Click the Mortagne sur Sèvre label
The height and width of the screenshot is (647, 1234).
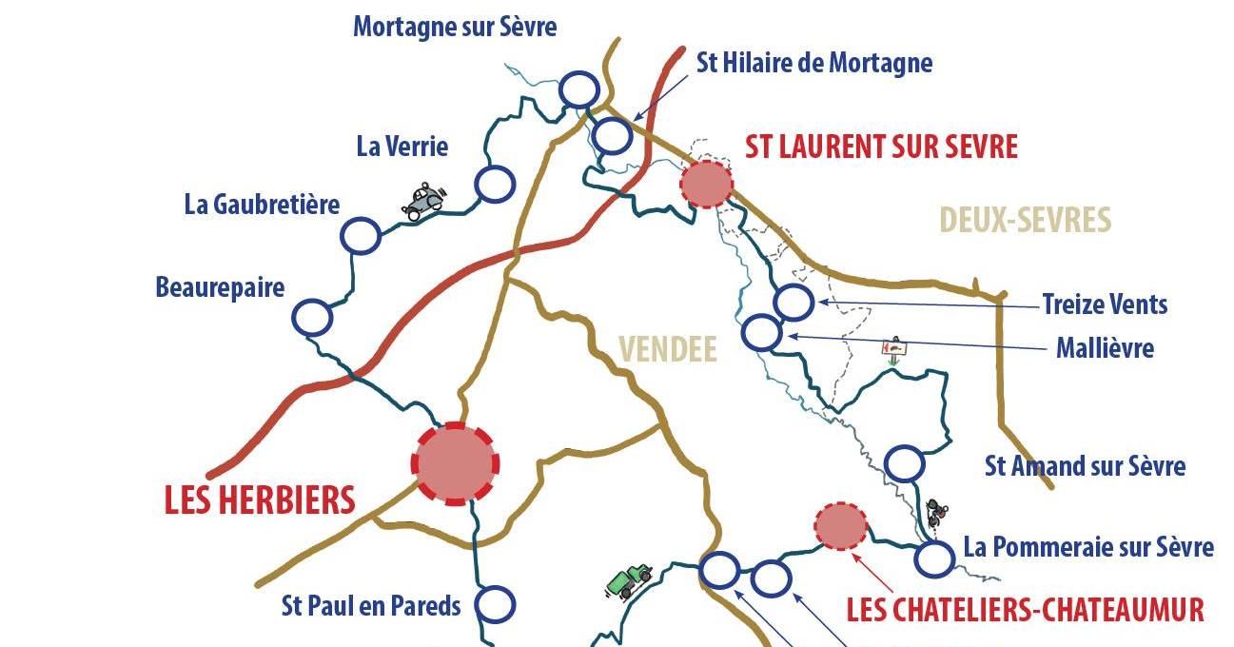[455, 27]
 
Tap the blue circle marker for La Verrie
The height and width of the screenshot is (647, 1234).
[495, 184]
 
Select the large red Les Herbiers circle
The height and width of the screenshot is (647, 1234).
[456, 463]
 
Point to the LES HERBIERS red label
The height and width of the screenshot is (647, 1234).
[260, 500]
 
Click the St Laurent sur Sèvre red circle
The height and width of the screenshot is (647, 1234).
[707, 184]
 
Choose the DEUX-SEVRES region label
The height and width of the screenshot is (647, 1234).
[1025, 220]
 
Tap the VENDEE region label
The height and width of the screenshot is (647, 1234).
[668, 349]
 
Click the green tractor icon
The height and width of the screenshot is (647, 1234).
[630, 579]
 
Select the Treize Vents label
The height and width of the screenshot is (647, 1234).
[1105, 304]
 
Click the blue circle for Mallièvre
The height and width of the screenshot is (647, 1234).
[761, 333]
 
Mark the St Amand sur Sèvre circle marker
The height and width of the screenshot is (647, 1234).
[904, 464]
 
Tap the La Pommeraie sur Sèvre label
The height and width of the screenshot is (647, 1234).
[1088, 547]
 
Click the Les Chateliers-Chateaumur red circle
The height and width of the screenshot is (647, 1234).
[841, 525]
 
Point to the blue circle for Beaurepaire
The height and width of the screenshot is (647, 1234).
[312, 318]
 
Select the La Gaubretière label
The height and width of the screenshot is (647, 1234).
[262, 205]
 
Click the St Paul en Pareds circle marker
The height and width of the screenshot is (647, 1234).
[495, 604]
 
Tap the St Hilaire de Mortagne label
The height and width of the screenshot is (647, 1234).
[814, 63]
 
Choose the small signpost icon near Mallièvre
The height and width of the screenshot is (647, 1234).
[893, 349]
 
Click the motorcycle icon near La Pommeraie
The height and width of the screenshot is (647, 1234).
[937, 513]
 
